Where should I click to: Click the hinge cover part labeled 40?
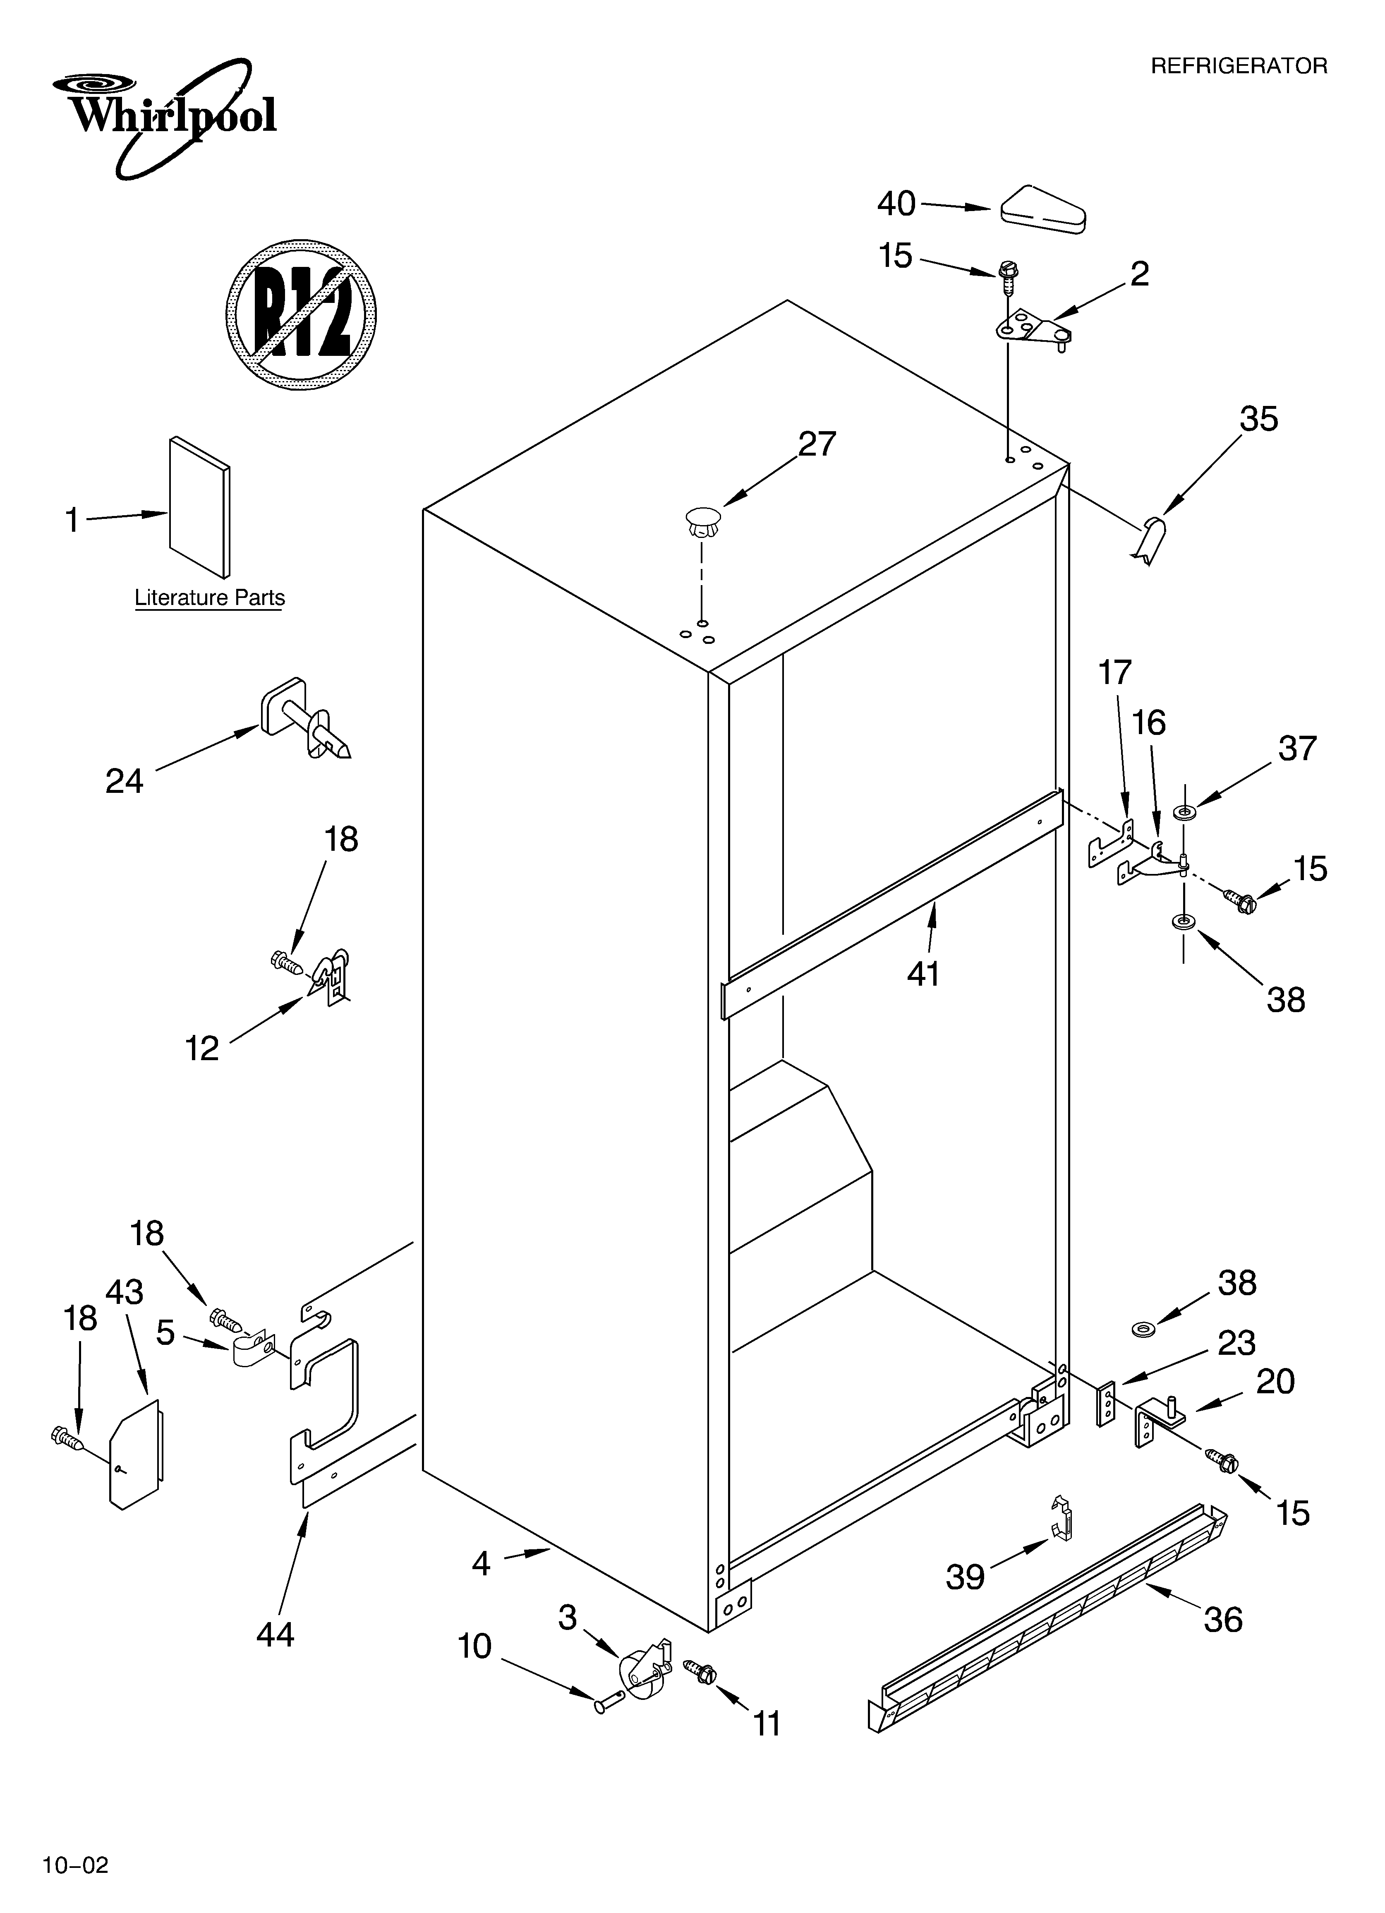[x=1042, y=207]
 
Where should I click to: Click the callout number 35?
[x=1258, y=419]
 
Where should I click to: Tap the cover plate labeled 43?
[x=137, y=1455]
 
